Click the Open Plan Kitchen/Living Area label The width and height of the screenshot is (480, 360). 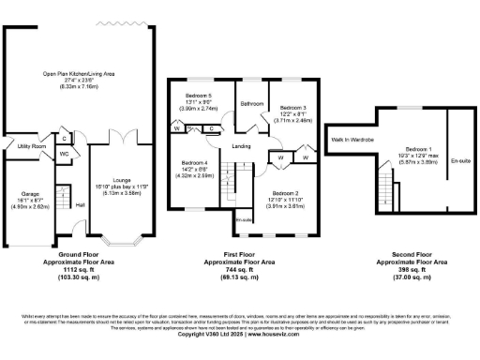coord(80,71)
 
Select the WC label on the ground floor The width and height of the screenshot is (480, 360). coord(65,154)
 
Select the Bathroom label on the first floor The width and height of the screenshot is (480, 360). coord(251,104)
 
